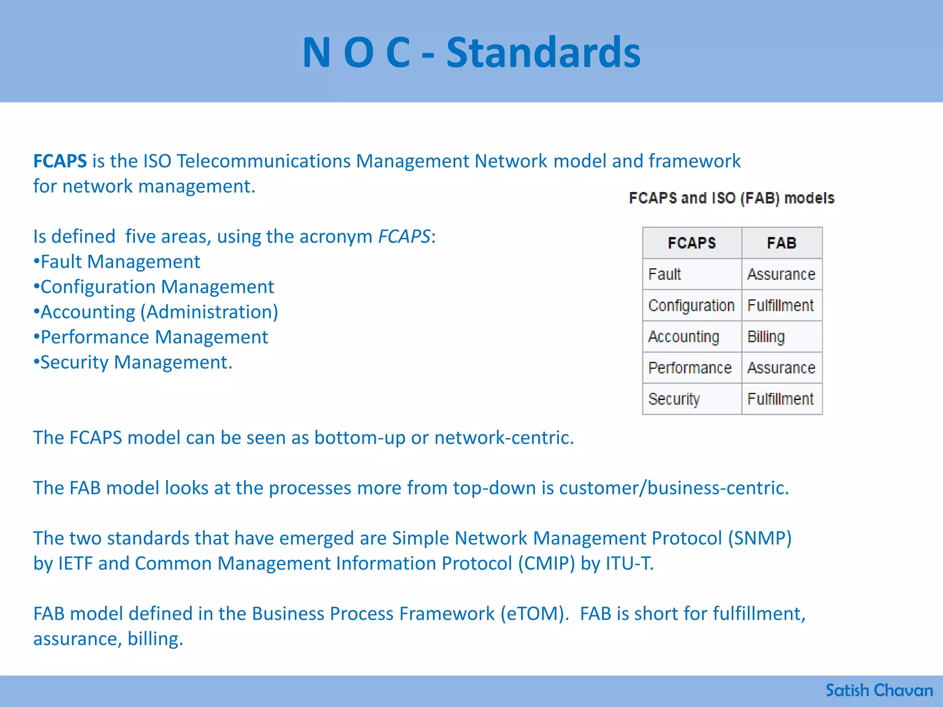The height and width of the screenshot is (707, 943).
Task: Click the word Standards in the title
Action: pos(543,52)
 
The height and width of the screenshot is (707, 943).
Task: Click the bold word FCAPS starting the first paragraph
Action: pos(60,161)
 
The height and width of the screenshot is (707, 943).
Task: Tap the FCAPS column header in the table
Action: pos(692,243)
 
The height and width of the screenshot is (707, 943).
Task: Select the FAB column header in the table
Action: pos(781,243)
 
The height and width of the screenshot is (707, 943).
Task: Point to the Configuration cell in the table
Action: pos(691,306)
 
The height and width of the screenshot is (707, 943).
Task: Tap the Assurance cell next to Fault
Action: pos(781,274)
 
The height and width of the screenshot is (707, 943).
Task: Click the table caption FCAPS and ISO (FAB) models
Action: pos(732,198)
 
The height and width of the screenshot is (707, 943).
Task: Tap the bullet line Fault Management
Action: pos(117,261)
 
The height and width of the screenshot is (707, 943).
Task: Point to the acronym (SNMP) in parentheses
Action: pos(760,538)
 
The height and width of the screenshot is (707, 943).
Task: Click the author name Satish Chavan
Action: pos(879,690)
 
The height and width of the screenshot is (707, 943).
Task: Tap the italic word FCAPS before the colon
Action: pos(404,237)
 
